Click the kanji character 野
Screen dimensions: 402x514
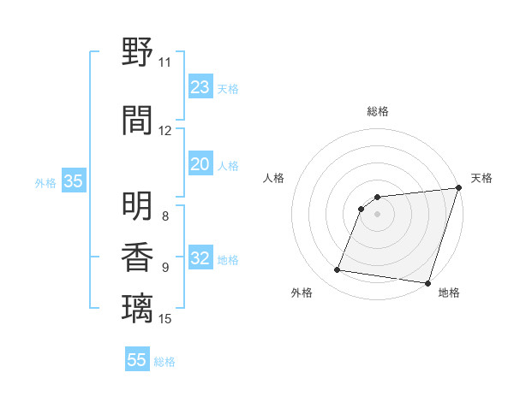click(x=138, y=54)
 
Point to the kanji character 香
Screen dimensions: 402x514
click(x=138, y=257)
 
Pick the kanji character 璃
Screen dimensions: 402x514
click(x=138, y=307)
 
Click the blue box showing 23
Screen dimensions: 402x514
click(x=200, y=87)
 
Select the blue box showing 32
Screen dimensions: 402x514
click(x=200, y=259)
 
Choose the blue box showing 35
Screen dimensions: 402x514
click(x=74, y=181)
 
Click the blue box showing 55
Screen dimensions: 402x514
click(x=137, y=360)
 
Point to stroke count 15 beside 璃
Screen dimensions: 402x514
click(x=166, y=319)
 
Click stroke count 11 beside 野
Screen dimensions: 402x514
click(x=164, y=62)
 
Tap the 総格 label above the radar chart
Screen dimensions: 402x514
click(x=377, y=111)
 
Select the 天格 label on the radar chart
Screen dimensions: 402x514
click(x=481, y=178)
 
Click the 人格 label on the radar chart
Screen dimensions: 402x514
click(x=273, y=178)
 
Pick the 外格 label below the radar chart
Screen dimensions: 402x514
click(x=302, y=293)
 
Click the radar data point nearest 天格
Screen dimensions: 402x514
click(x=458, y=188)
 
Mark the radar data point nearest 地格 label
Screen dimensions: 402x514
click(x=427, y=282)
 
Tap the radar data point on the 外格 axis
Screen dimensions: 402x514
click(x=338, y=270)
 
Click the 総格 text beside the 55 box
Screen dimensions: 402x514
click(x=164, y=362)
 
